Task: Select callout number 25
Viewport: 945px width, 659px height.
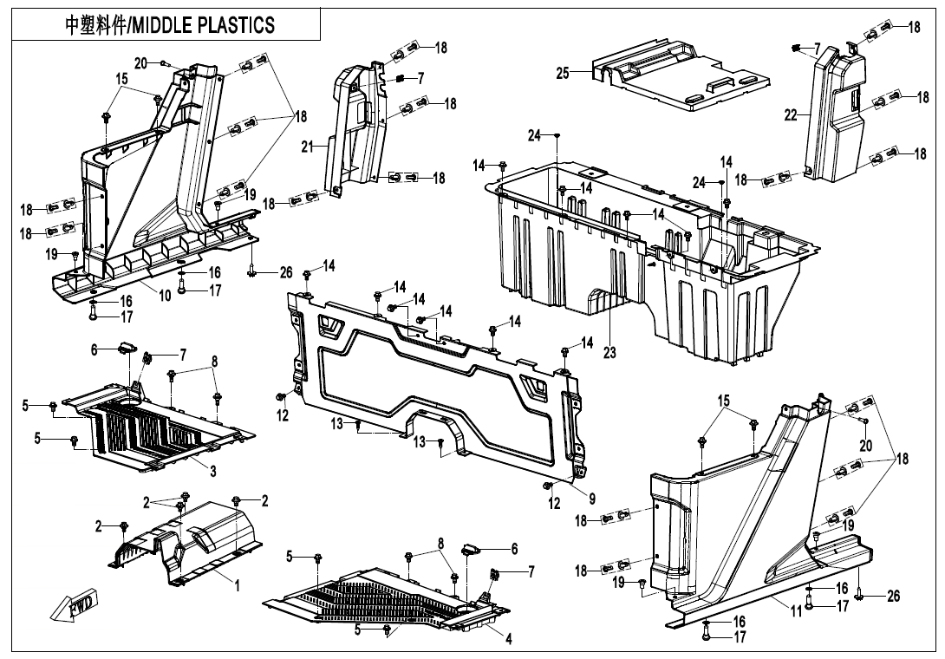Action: pos(563,74)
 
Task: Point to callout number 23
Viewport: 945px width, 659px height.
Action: pos(609,353)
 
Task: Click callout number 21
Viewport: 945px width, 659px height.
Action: pos(307,147)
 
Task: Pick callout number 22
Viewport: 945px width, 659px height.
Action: pos(790,116)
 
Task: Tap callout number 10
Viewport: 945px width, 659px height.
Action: pos(164,296)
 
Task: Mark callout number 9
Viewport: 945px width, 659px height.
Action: pos(592,499)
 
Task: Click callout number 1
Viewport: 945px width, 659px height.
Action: pos(237,586)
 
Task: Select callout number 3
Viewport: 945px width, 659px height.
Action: pos(213,471)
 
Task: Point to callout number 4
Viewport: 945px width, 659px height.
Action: pos(509,640)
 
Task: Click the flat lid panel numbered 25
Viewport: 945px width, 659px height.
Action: pos(685,82)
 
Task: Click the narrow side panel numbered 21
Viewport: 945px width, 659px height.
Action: pos(355,130)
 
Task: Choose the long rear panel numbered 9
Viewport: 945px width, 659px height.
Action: pos(433,382)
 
